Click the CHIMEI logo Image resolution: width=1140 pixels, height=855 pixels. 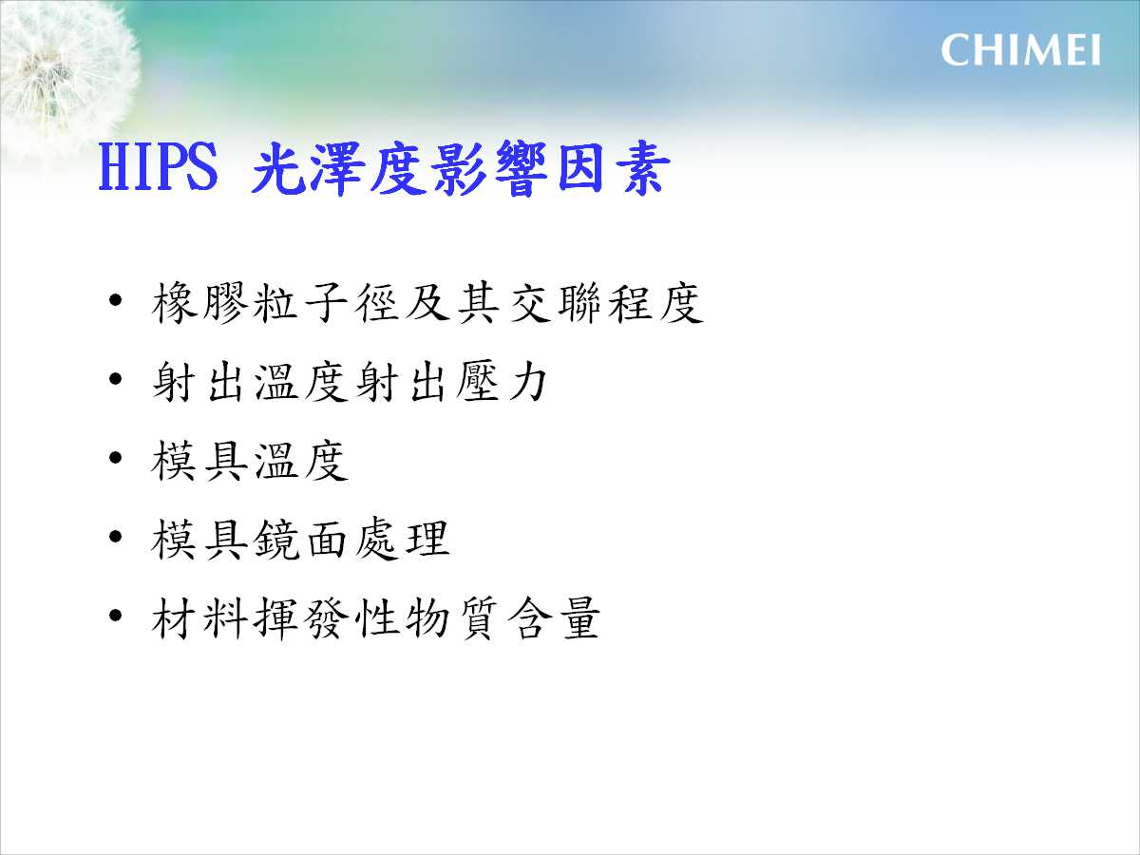[1020, 50]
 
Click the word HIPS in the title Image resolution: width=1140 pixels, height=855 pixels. [159, 167]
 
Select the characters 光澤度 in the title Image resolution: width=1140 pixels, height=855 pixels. [340, 168]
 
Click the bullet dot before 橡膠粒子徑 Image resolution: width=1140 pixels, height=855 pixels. [115, 300]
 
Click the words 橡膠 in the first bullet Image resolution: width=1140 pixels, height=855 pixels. [198, 304]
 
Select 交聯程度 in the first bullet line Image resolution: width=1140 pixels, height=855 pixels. [605, 304]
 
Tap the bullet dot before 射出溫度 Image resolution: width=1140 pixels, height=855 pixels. [115, 379]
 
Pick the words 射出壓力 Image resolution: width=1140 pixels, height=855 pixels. [450, 382]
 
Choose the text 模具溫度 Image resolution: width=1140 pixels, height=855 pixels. [249, 461]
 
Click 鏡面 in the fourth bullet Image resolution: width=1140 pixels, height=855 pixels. [299, 540]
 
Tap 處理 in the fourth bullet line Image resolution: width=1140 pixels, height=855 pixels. [402, 540]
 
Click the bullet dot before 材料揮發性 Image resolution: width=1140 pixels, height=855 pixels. [115, 616]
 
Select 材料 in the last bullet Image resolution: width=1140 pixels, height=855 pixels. [198, 618]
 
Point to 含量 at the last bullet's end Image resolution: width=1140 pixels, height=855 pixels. [553, 618]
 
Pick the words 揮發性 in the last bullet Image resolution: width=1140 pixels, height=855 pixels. [325, 618]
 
